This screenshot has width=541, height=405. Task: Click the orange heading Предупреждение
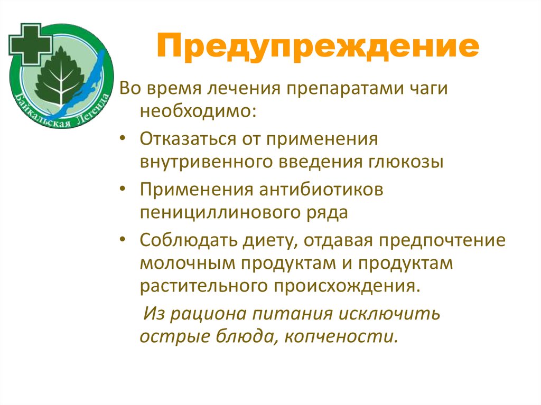click(x=318, y=47)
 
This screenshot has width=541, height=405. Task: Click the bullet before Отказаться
click(x=123, y=139)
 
